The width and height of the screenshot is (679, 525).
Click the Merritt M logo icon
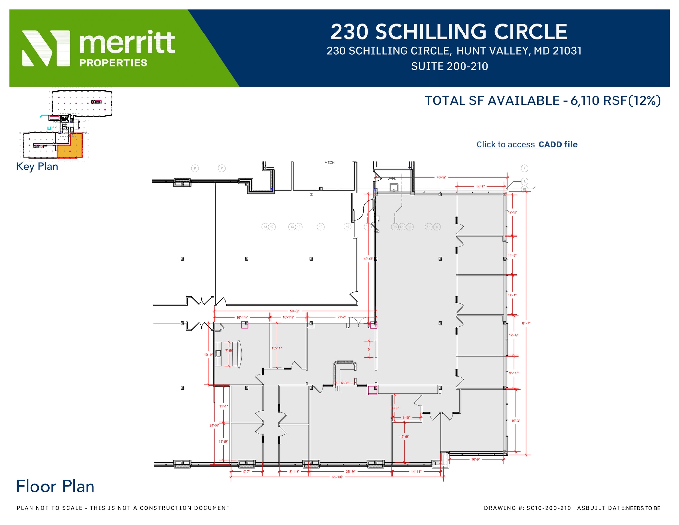tap(46, 48)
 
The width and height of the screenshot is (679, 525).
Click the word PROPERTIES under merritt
tap(113, 63)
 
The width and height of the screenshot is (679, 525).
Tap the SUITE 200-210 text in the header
tap(449, 66)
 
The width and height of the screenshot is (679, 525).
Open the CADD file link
tap(558, 144)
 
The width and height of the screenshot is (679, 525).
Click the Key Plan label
tap(37, 166)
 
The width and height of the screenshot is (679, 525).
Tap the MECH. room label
tap(330, 163)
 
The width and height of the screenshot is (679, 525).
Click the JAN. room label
tap(392, 178)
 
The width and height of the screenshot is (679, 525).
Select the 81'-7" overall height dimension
tap(526, 323)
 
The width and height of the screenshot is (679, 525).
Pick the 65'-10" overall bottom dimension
tap(337, 477)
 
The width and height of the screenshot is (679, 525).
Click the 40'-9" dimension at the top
tap(441, 177)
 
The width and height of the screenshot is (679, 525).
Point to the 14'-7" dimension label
tap(480, 187)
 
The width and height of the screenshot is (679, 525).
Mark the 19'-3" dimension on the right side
tap(516, 421)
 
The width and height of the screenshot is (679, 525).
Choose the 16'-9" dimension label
tap(475, 459)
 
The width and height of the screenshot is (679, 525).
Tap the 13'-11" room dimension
tap(277, 348)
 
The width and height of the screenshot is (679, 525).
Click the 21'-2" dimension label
tap(341, 317)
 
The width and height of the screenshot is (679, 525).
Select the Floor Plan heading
tap(55, 487)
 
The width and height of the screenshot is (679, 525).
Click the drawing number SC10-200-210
tap(549, 508)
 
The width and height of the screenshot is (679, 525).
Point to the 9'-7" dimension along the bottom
tap(246, 471)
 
